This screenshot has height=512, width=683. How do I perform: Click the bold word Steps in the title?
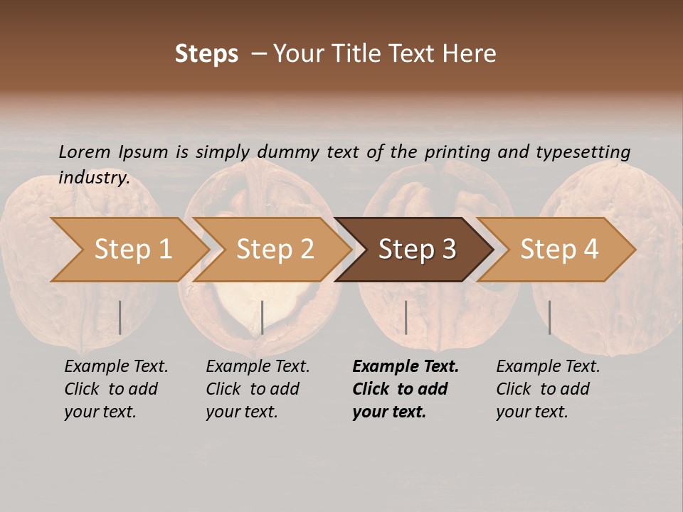[x=206, y=54]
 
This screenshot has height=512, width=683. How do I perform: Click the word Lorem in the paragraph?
[x=85, y=151]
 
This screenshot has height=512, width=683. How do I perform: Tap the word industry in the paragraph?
[x=93, y=177]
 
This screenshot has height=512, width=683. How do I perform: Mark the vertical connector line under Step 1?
[x=120, y=317]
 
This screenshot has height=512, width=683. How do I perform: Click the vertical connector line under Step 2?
[x=263, y=317]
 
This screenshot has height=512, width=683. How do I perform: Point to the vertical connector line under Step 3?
[x=406, y=317]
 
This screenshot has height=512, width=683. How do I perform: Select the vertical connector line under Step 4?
[x=549, y=317]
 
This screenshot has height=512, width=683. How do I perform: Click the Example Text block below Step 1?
[x=116, y=389]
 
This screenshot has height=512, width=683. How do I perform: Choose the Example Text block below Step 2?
[x=258, y=389]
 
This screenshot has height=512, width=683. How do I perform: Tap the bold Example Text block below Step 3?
[x=405, y=389]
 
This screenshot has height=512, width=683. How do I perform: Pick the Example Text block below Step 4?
[x=548, y=389]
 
